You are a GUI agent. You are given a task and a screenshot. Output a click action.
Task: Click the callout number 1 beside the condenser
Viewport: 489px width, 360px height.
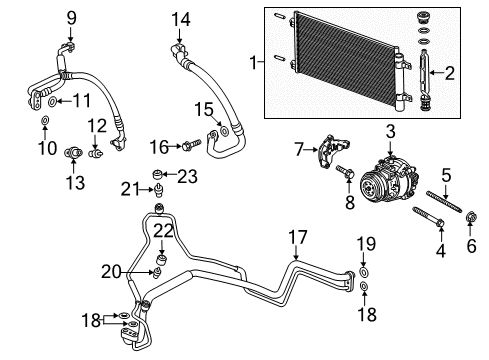coord(252,62)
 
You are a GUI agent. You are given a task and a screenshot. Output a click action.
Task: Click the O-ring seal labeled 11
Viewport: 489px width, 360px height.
coord(50,100)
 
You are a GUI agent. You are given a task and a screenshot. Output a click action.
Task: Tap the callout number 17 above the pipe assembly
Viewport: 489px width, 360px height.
coord(297,238)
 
